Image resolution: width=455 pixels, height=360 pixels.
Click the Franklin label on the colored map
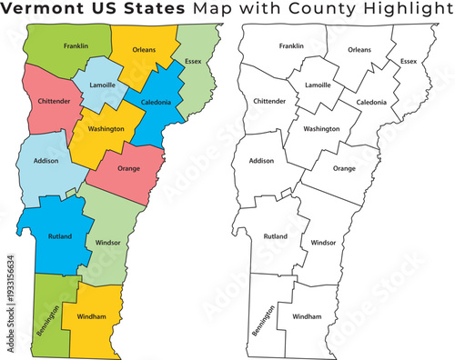pos(76,45)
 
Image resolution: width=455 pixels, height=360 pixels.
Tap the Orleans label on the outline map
pos(359,50)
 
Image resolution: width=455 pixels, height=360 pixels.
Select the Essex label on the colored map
pos(193,62)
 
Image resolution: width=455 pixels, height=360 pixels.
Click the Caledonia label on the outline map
pos(371,103)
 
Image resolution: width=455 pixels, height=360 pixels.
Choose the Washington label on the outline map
pos(321,129)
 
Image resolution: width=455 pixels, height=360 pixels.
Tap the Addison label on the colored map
pos(45,161)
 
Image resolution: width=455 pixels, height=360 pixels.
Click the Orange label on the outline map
pos(344,169)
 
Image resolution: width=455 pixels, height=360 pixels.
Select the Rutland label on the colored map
pos(60,236)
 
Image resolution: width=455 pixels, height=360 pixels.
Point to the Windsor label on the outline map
pos(323,244)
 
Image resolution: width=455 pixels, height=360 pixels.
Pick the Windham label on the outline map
pos(308,316)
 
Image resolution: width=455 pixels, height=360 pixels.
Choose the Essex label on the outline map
pos(409,62)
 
